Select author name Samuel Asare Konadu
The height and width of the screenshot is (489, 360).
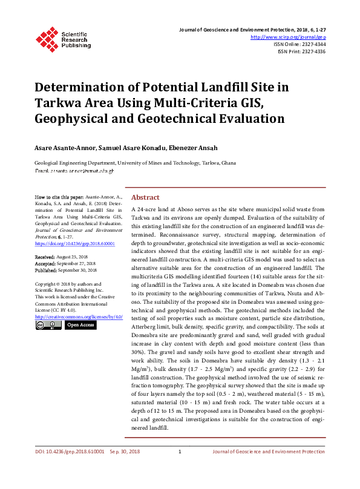(x=125, y=148)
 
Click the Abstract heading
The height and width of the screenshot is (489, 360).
(x=145, y=197)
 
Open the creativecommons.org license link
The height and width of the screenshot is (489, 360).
(x=79, y=317)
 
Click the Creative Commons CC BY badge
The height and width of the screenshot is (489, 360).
(x=47, y=325)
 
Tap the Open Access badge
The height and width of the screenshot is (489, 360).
(x=80, y=325)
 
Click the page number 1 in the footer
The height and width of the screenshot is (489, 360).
(x=180, y=468)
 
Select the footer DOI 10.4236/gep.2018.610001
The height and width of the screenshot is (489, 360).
(x=70, y=468)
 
